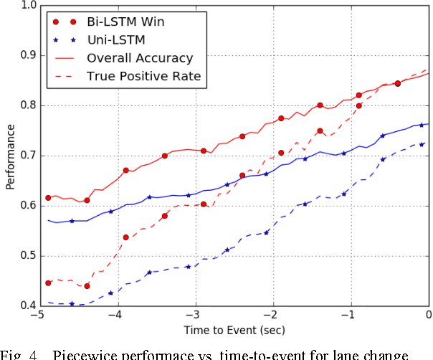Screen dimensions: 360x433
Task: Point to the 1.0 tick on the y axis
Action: (x=27, y=5)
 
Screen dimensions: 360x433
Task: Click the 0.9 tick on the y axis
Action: (x=27, y=55)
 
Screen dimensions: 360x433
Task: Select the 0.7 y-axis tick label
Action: (x=27, y=156)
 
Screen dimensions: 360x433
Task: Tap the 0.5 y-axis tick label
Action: (x=27, y=256)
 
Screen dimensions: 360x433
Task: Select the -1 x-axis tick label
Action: (x=349, y=316)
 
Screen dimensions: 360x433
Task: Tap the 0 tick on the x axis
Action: (x=429, y=316)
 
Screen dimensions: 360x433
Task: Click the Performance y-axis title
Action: (x=9, y=156)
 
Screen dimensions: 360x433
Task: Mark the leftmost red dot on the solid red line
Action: (x=48, y=198)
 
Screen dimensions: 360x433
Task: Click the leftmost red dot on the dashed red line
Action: (x=48, y=283)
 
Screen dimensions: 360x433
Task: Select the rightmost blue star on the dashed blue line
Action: (x=422, y=144)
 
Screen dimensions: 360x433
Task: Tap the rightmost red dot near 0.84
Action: (x=398, y=84)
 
